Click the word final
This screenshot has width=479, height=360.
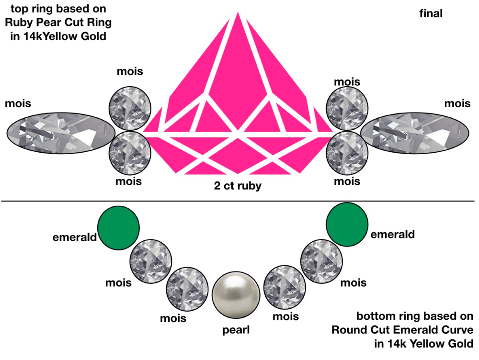[431, 14]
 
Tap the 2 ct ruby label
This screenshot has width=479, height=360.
[238, 186]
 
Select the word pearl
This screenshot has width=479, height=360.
[236, 330]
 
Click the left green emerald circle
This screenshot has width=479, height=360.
[118, 225]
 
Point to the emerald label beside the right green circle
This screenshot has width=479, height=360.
[392, 235]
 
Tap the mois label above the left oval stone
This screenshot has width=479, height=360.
[18, 102]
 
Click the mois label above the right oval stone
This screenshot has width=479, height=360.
[457, 103]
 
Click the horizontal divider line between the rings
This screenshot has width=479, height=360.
[239, 201]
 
